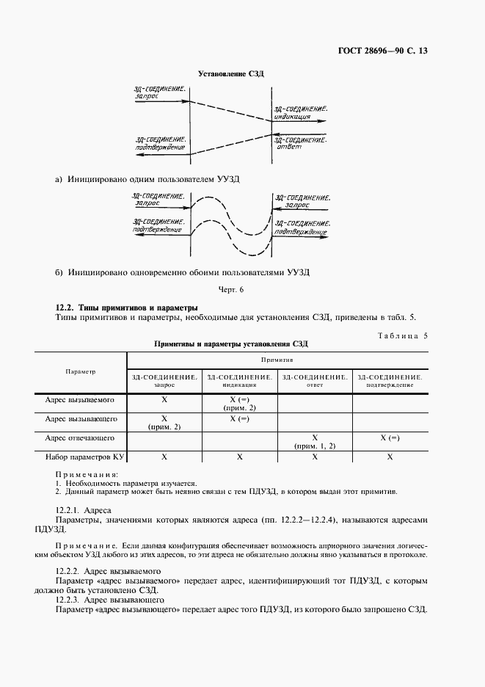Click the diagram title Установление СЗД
[x=231, y=74]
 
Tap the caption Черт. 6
[x=231, y=289]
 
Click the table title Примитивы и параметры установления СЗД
[x=231, y=343]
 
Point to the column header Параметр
[x=80, y=371]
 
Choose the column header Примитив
[x=278, y=361]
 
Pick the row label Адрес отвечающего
[x=80, y=438]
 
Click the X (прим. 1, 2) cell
[x=314, y=441]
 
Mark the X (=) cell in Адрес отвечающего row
[x=390, y=438]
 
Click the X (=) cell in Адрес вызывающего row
[x=239, y=418]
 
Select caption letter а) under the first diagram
[x=59, y=178]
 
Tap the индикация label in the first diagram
[x=295, y=117]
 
